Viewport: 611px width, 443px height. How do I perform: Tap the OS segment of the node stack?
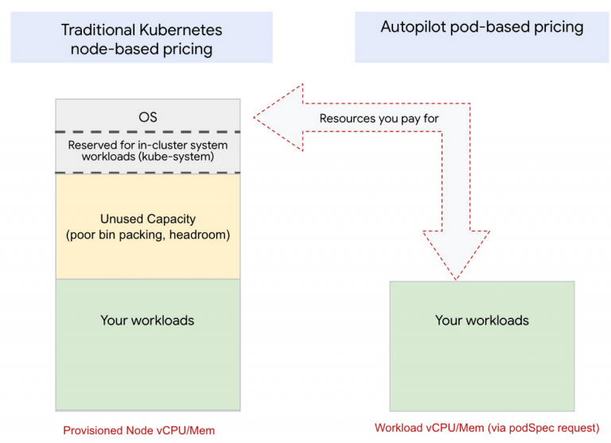point(147,117)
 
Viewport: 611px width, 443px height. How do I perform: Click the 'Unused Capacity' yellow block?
point(147,226)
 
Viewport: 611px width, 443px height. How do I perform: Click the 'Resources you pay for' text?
point(379,119)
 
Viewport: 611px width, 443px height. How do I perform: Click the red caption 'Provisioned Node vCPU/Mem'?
point(139,430)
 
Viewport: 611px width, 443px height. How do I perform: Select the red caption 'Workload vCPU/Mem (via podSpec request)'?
point(486,427)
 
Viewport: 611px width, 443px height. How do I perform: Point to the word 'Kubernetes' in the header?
point(181,31)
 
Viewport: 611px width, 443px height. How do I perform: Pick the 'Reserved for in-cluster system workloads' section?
point(147,151)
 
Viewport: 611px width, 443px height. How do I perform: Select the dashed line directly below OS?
point(147,132)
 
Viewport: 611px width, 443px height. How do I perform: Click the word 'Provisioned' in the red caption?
point(94,430)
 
